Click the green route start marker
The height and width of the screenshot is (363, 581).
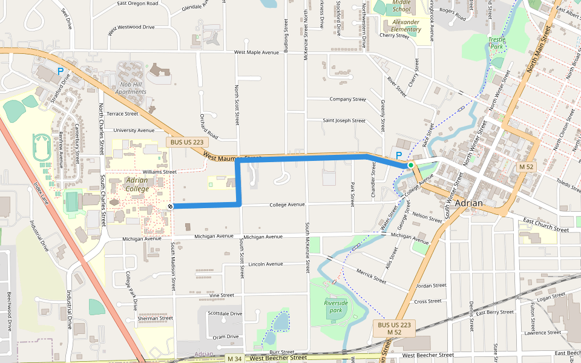tap(410, 165)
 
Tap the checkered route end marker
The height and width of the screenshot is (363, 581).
tap(171, 206)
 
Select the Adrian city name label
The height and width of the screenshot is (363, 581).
tap(469, 203)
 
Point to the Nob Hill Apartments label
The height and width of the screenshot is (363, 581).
tap(131, 88)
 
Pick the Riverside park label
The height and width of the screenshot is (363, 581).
tap(336, 306)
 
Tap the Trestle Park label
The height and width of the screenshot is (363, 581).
tap(497, 42)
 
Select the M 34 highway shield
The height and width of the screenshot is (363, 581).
tap(234, 359)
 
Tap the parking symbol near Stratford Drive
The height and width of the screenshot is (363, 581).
tap(60, 71)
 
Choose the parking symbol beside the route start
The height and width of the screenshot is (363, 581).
tap(399, 155)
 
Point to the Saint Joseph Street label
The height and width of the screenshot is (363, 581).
tap(344, 120)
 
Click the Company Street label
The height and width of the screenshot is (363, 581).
tap(347, 99)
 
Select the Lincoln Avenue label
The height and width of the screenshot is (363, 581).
tap(266, 264)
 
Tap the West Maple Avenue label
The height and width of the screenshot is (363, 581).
tap(257, 53)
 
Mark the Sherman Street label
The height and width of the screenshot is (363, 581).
tap(156, 318)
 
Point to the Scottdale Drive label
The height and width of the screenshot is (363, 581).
tap(225, 313)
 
